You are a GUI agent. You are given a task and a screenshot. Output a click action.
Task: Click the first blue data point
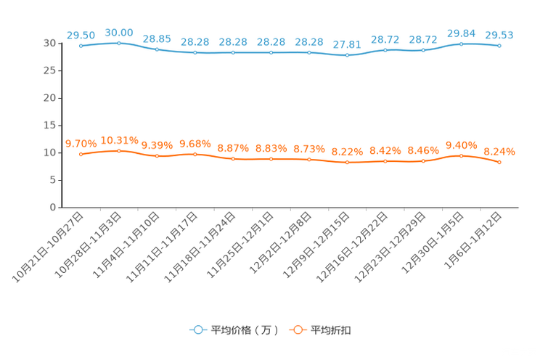click(81, 46)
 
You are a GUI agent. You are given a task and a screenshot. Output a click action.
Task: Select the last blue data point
click(499, 46)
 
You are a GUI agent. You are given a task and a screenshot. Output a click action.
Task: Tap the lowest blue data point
click(347, 55)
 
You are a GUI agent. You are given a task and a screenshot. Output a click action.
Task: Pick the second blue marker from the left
click(119, 43)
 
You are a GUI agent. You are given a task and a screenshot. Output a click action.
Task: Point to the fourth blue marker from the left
click(195, 52)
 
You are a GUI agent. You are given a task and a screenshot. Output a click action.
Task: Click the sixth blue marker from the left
click(271, 52)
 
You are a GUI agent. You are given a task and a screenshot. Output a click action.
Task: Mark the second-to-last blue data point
click(461, 44)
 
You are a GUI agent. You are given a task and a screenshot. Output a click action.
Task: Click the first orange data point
click(81, 154)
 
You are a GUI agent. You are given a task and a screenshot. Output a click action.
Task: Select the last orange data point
click(499, 163)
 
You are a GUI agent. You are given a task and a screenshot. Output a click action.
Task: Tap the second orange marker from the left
click(119, 150)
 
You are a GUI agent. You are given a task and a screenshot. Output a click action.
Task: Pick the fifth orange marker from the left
click(233, 158)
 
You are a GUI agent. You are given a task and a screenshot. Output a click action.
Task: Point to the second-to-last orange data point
click(461, 155)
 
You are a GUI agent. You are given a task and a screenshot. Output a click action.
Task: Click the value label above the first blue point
click(81, 35)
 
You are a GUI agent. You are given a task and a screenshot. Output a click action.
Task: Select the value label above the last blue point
click(499, 35)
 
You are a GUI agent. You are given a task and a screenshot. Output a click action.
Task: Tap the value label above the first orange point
click(81, 144)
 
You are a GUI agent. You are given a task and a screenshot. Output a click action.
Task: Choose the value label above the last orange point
click(499, 152)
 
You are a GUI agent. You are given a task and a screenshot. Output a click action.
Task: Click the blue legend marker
click(197, 330)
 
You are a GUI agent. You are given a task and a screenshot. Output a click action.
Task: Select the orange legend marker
click(298, 330)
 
